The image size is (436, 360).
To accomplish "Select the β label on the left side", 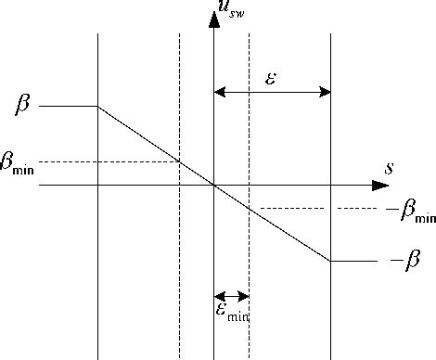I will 22,105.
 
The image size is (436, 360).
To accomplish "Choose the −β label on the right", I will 405,262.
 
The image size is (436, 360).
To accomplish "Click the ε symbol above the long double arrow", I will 271,77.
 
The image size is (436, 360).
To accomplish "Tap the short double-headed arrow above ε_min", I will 231,297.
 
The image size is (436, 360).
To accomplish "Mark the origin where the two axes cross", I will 214,186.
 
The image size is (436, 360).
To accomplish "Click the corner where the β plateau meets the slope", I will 98,107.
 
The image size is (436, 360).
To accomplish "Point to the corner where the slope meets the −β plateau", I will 330,261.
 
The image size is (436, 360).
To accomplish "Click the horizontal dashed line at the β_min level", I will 111,161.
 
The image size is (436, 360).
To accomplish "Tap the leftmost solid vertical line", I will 98,278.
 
